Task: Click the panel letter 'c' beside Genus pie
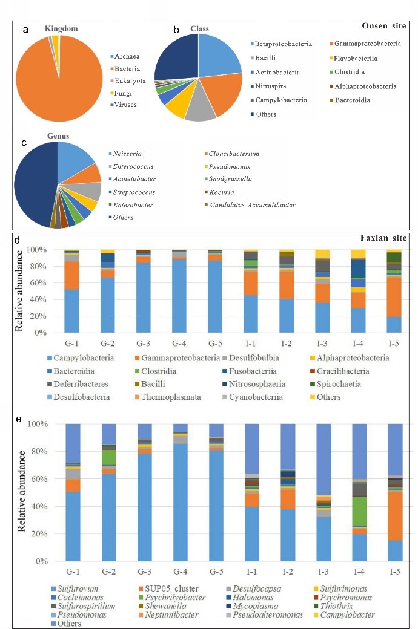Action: pyautogui.click(x=22, y=143)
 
